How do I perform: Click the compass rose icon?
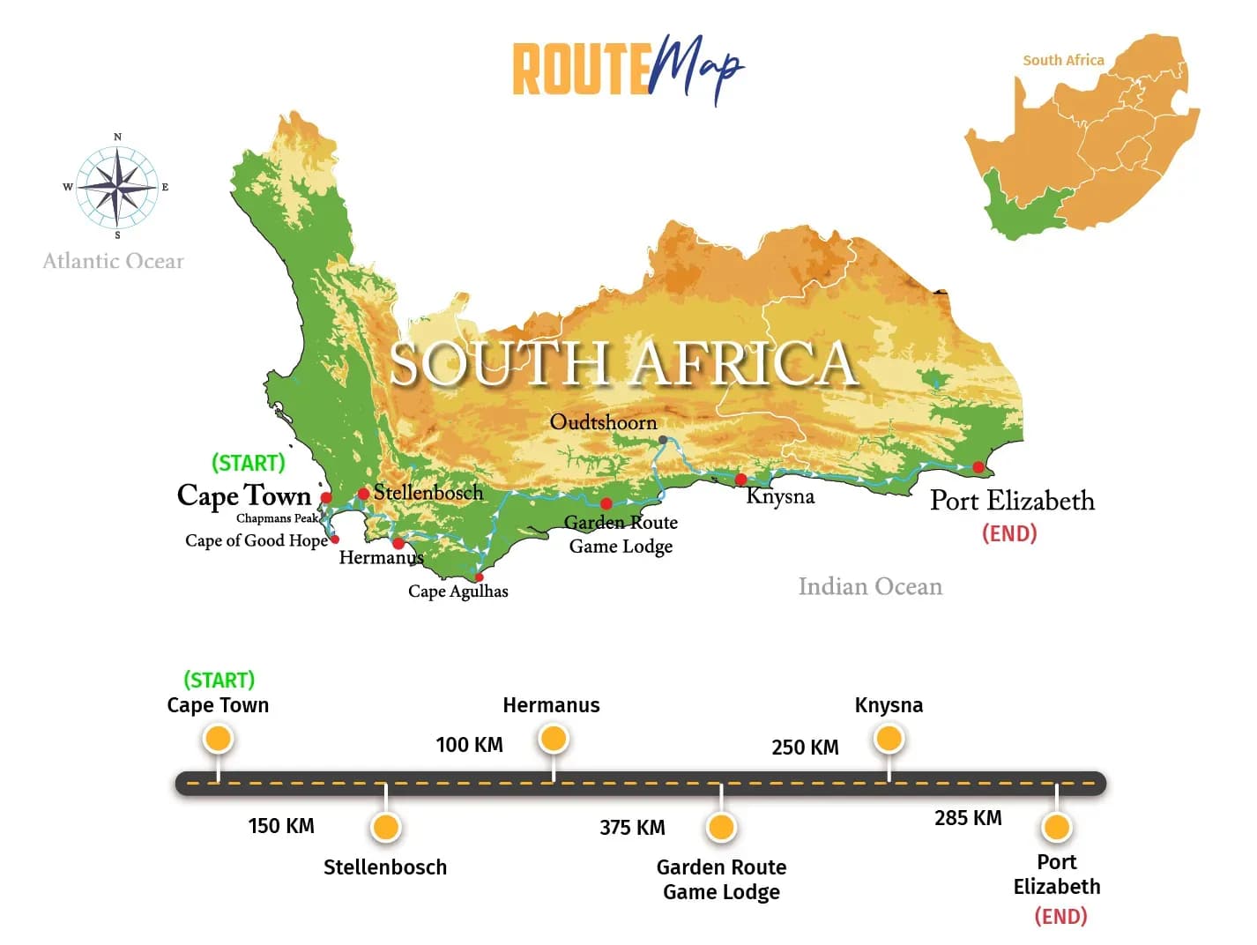tap(116, 187)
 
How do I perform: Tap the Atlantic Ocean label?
tap(113, 261)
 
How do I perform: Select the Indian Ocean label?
tap(870, 586)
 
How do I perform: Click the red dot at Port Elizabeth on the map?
tap(978, 467)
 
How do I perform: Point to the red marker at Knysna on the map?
tap(740, 480)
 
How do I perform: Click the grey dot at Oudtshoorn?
tap(663, 440)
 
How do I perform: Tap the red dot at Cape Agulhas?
tap(479, 577)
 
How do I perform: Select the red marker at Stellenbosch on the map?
tap(363, 494)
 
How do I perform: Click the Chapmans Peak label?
tap(276, 518)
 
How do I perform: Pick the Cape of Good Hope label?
tap(256, 540)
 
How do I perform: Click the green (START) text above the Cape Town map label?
tap(249, 463)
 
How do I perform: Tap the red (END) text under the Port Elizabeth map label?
tap(1009, 533)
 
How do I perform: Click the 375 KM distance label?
tap(632, 828)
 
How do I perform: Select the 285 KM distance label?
tap(968, 818)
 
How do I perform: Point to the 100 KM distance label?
tap(469, 745)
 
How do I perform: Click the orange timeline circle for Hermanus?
tap(553, 739)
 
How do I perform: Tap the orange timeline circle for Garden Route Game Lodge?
tap(721, 828)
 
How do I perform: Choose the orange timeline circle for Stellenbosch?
tap(385, 828)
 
